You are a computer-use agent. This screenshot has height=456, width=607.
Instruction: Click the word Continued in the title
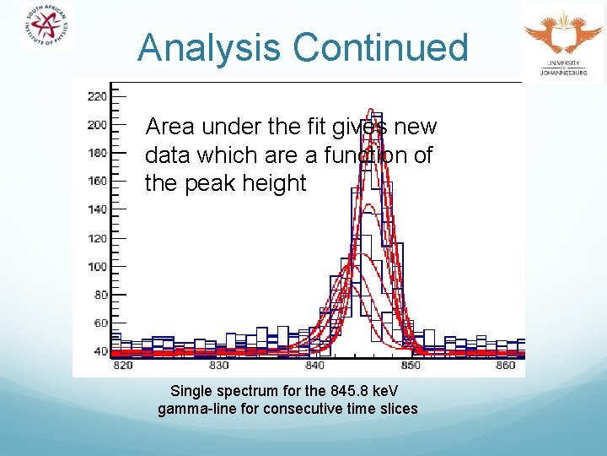click(380, 47)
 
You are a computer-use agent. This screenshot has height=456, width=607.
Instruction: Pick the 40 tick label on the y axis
click(99, 351)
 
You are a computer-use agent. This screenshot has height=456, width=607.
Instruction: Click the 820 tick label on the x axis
click(122, 366)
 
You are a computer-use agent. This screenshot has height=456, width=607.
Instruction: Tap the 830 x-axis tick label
click(218, 366)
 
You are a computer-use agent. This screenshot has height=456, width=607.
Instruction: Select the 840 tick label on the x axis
click(314, 366)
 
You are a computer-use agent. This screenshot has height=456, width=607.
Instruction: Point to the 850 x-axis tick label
click(411, 366)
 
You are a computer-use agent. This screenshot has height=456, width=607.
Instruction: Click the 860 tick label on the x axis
click(506, 366)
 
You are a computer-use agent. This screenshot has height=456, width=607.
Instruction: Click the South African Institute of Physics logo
click(47, 25)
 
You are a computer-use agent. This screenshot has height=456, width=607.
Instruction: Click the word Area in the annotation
click(170, 127)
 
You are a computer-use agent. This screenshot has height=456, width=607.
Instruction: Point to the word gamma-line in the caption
click(191, 410)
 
